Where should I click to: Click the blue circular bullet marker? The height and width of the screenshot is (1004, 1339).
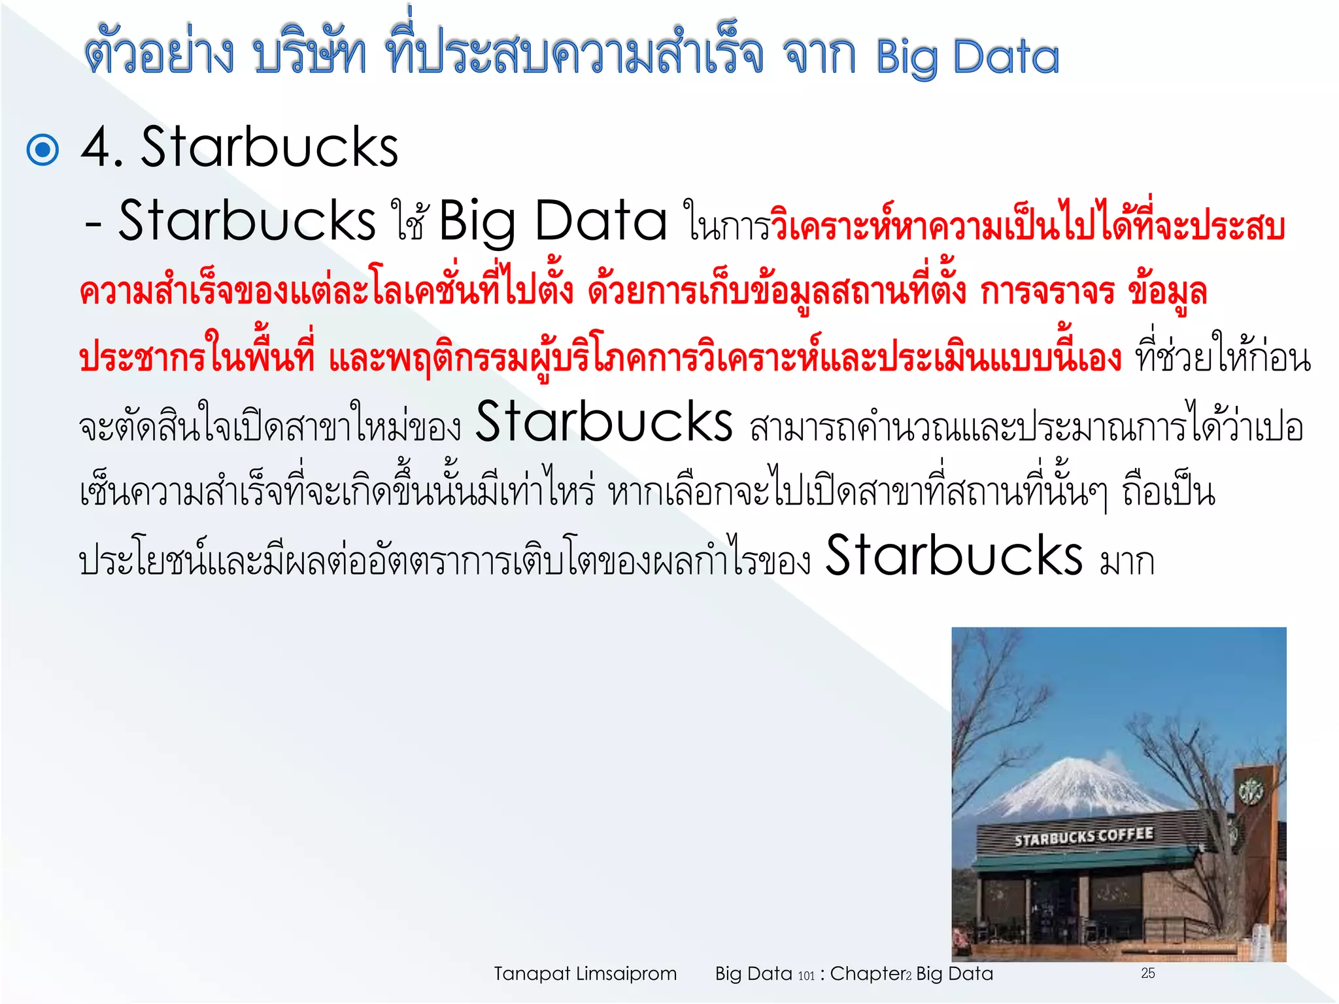coord(43,150)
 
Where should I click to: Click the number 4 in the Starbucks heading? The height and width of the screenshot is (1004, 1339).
coord(96,148)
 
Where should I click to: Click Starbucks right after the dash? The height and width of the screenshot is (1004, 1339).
coord(246,221)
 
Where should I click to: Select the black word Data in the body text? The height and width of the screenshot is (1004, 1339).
coord(601,221)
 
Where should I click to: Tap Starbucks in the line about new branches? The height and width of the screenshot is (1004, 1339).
coord(603,422)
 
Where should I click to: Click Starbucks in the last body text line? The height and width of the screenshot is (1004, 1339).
coord(954,556)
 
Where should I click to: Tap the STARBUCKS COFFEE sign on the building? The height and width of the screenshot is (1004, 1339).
coord(1083,837)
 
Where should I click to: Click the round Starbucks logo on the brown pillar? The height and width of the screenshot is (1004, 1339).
coord(1250,792)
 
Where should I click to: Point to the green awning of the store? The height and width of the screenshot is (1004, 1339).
coord(1085,860)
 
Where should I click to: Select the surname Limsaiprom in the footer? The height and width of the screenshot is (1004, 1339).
coord(626,974)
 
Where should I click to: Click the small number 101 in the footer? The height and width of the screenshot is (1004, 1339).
coord(807,976)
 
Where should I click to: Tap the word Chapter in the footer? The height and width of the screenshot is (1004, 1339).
coord(867,974)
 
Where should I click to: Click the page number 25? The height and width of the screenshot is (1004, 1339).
coord(1148,973)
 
